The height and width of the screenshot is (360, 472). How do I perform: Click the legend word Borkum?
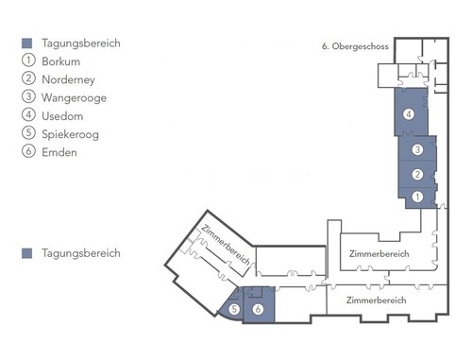click(x=60, y=61)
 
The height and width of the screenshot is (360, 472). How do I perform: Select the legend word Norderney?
click(x=68, y=79)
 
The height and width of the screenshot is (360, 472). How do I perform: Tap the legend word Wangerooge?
click(x=74, y=98)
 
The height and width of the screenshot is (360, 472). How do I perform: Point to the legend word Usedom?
click(x=62, y=116)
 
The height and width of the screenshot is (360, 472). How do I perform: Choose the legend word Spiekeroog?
click(x=70, y=134)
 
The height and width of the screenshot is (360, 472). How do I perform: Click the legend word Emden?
click(x=59, y=152)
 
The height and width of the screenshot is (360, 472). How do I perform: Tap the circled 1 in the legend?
click(x=28, y=60)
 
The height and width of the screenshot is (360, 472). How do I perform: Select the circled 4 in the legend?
click(x=28, y=114)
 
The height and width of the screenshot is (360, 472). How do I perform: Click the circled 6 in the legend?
click(x=28, y=151)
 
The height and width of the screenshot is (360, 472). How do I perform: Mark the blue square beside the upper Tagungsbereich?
click(x=26, y=43)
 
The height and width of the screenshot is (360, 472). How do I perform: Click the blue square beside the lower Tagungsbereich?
click(x=26, y=253)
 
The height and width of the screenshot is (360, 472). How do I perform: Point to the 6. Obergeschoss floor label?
click(x=355, y=46)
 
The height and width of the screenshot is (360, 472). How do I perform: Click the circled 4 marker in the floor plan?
click(x=409, y=114)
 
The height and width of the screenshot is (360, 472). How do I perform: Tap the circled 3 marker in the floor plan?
click(x=417, y=149)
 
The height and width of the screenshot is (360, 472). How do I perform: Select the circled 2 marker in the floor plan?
click(x=417, y=174)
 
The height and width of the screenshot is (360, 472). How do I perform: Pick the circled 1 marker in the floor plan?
click(x=417, y=197)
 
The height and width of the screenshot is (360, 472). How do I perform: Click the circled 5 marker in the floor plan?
click(x=234, y=309)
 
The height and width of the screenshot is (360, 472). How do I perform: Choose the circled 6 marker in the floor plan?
click(x=258, y=309)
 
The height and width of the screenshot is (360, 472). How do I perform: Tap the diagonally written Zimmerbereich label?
click(x=226, y=245)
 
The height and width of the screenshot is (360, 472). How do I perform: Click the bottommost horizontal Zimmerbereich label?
click(x=377, y=300)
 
